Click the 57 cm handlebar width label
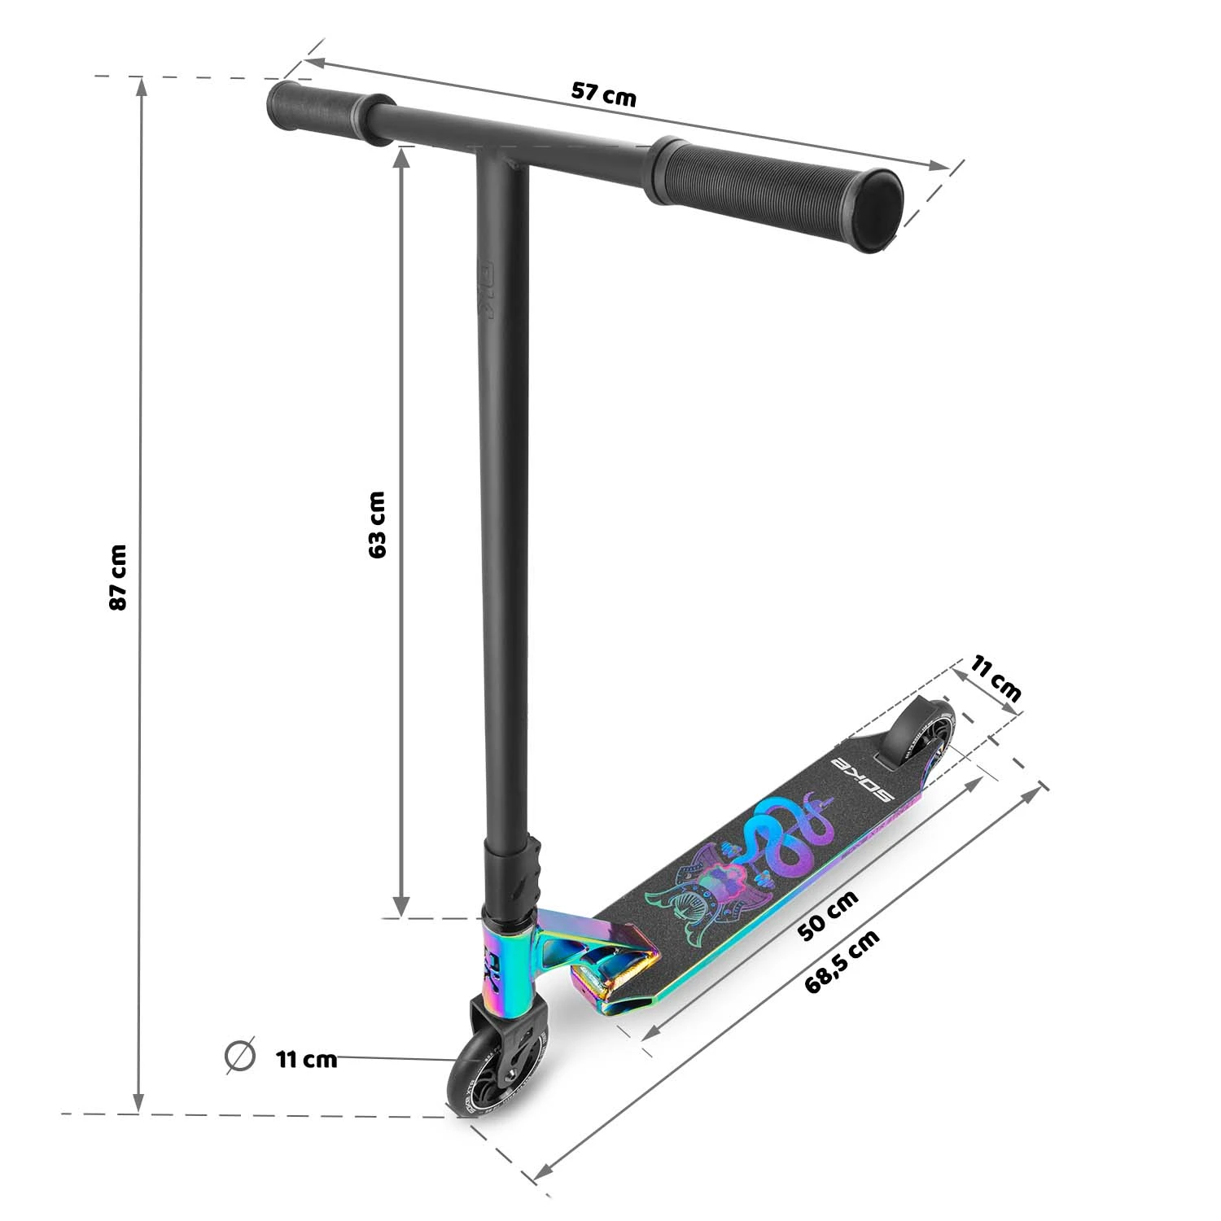pos(603,94)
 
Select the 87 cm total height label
pos(118,577)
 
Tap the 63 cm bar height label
pos(377,524)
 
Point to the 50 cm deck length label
pos(828,915)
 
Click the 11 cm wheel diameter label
pos(306,1059)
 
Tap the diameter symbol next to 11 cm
pos(239,1056)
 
